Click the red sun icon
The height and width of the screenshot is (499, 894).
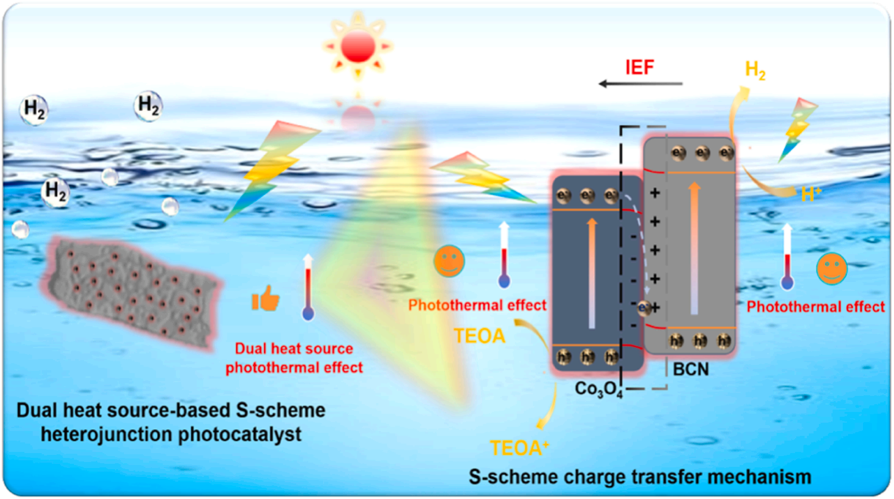click(x=358, y=46)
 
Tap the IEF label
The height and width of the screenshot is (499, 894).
click(x=640, y=67)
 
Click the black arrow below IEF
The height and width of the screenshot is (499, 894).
click(x=640, y=84)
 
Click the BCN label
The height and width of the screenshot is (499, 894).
click(x=691, y=370)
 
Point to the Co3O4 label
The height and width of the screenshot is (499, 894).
click(x=598, y=389)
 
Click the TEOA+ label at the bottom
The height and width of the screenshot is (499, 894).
click(x=519, y=448)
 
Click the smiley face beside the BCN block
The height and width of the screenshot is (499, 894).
click(x=831, y=268)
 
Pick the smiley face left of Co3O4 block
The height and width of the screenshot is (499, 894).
click(x=449, y=261)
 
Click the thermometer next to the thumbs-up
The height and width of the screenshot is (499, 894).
click(x=308, y=287)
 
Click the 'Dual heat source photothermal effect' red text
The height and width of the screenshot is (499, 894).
click(x=294, y=358)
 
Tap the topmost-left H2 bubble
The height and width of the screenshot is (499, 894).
click(x=34, y=110)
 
